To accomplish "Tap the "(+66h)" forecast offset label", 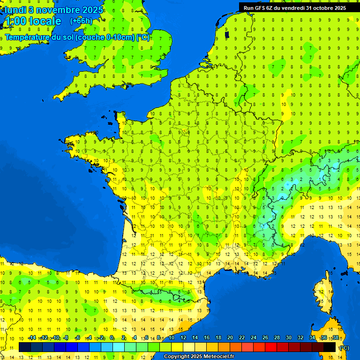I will click(x=81, y=21).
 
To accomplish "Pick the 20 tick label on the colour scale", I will click(x=230, y=338).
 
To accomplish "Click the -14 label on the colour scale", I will click(x=32, y=338).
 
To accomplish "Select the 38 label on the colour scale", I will click(x=336, y=338).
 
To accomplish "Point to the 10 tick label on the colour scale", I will click(x=172, y=338).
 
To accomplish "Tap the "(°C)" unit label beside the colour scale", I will click(x=344, y=348).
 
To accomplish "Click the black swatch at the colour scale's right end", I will click(x=330, y=347).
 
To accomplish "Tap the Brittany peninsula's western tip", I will click(x=68, y=142).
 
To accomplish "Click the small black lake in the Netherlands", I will click(x=227, y=34).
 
